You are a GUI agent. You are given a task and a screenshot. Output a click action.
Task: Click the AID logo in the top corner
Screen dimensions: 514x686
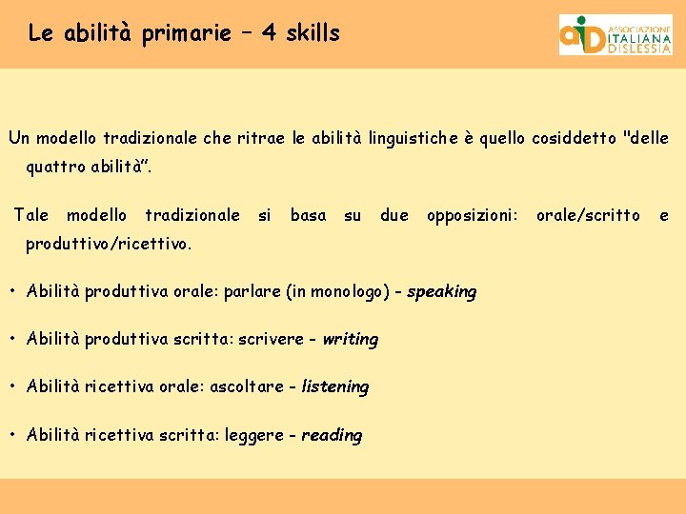[615, 35]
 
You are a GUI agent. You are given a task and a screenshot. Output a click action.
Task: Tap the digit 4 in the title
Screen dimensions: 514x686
[270, 33]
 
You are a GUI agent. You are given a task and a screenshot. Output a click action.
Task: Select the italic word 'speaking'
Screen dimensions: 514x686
[441, 292]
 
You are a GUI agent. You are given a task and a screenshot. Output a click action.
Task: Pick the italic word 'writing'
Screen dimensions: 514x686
[350, 340]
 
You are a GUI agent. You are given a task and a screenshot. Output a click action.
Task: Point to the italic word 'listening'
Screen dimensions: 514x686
[334, 387]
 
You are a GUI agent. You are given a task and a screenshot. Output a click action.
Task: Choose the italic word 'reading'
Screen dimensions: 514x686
[332, 436]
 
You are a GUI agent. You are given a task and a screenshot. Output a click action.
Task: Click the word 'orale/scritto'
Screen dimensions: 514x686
[588, 215]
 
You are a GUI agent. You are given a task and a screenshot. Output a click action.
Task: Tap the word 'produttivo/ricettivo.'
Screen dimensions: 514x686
[109, 245]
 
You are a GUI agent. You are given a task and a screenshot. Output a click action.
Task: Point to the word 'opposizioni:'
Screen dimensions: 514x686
[473, 215]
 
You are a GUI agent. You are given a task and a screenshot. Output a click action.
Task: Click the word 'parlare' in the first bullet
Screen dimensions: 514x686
[252, 291]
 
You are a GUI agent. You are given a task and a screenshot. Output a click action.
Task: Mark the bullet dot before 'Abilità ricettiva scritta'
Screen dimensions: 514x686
[13, 435]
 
